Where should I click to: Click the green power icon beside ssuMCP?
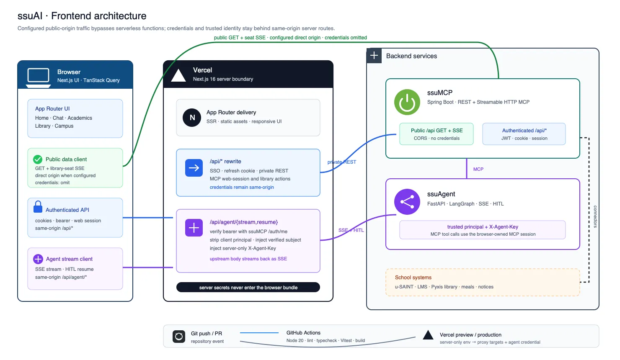tap(407, 102)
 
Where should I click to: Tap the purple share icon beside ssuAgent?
tap(407, 202)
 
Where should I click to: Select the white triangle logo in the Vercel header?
tap(178, 75)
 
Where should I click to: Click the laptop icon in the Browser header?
tap(38, 78)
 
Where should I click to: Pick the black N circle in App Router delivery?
tap(192, 118)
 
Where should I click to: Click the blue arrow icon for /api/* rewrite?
tap(194, 167)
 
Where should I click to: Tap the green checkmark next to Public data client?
tap(38, 159)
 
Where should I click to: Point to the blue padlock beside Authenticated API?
tap(38, 206)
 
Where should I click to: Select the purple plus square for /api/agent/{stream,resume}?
tap(194, 228)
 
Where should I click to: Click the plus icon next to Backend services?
tap(374, 56)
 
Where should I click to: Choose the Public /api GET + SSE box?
tap(437, 134)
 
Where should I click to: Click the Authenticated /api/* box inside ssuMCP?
tap(524, 134)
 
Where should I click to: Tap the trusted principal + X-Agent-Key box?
tap(483, 230)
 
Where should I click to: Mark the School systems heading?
tap(413, 278)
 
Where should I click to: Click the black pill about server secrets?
tap(248, 287)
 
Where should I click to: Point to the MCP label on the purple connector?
tap(478, 169)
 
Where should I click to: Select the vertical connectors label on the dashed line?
tap(595, 216)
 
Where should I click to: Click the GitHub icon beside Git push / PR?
tap(179, 337)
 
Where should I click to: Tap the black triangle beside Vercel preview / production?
tap(428, 335)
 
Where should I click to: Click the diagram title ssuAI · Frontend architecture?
tap(82, 16)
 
